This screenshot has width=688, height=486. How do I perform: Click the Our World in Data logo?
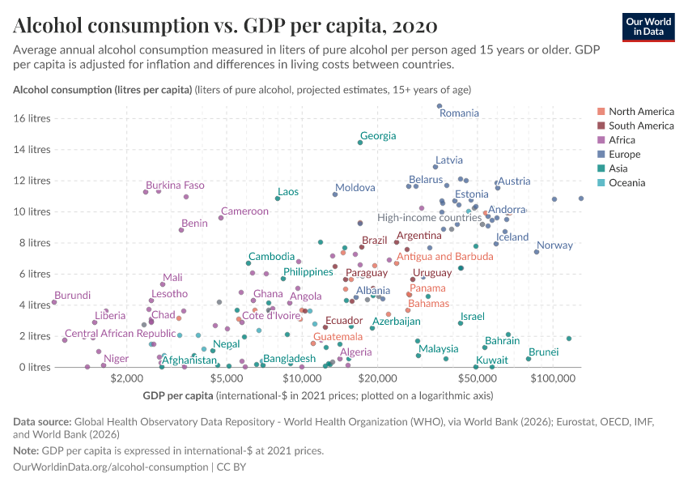[x=648, y=26]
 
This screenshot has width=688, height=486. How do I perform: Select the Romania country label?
[x=459, y=113]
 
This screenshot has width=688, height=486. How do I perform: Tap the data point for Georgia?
[x=360, y=143]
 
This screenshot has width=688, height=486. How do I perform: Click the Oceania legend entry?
[x=628, y=183]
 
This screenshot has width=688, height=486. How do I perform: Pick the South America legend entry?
[x=640, y=126]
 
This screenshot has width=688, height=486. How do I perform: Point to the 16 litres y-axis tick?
[x=33, y=118]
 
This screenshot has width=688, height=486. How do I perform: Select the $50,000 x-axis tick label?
[x=475, y=378]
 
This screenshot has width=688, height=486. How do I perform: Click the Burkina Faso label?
[x=175, y=185]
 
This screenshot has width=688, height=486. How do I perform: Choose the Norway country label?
[x=554, y=245]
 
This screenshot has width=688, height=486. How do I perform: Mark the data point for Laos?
[x=278, y=198]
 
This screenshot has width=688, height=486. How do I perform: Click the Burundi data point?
[x=54, y=302]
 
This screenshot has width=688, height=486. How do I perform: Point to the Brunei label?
[x=543, y=352]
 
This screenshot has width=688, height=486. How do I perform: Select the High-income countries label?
[x=430, y=218]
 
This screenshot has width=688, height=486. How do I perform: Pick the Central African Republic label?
[x=120, y=334]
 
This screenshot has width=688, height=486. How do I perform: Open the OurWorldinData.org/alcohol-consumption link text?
[x=111, y=467]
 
